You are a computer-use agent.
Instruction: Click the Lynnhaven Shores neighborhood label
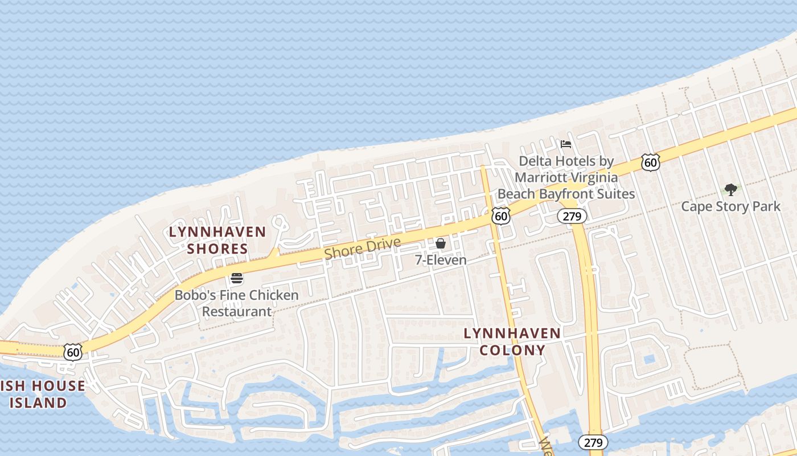(217, 240)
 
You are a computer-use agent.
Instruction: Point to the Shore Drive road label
(363, 249)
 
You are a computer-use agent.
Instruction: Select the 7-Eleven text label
(441, 260)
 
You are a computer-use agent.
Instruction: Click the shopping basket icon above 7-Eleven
(441, 244)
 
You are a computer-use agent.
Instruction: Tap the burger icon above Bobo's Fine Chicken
(237, 279)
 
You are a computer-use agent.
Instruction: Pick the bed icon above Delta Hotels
(565, 144)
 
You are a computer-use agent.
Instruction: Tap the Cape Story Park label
(731, 206)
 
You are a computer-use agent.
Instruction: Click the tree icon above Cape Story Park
(731, 189)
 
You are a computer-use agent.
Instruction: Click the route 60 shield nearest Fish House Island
(73, 352)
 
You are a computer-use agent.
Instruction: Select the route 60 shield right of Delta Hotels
(650, 162)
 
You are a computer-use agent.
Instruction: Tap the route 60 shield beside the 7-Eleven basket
(501, 215)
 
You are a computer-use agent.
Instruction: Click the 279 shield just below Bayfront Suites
(572, 216)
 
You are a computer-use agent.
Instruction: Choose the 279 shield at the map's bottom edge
(593, 442)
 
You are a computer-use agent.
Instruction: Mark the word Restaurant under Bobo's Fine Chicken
(237, 311)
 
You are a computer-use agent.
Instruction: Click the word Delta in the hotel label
(535, 161)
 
